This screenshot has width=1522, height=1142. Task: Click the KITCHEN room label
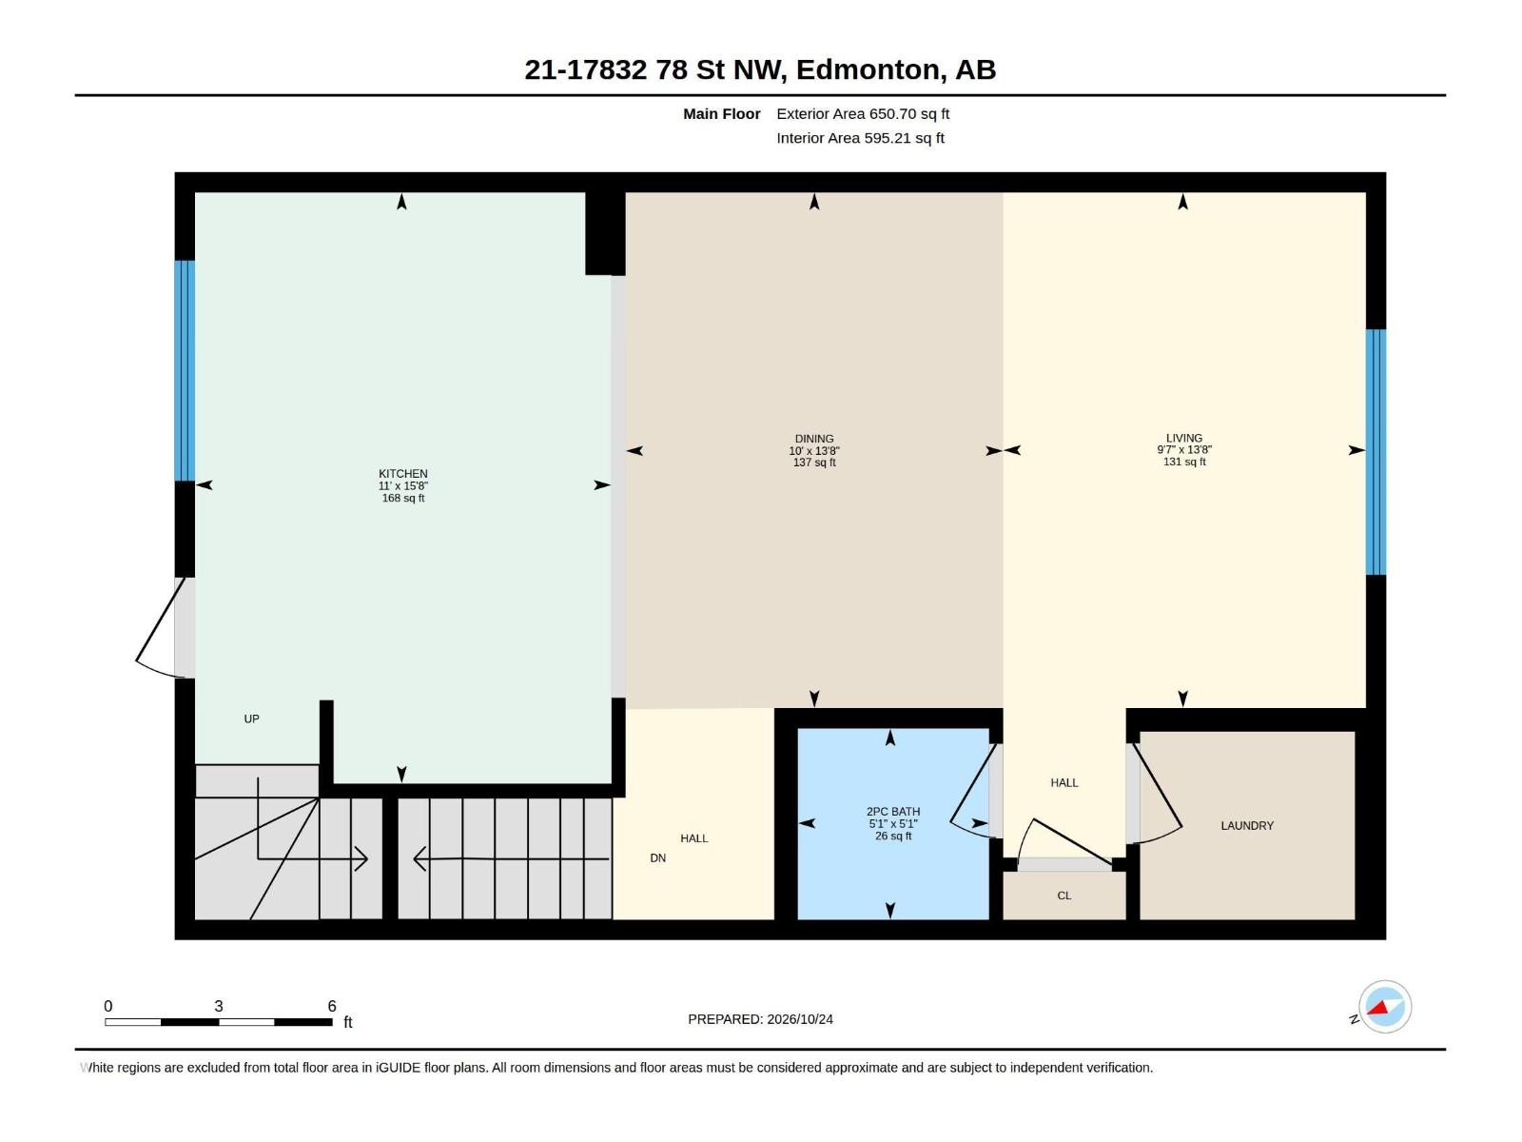coord(403,474)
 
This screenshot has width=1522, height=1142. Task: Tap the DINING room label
coord(814,439)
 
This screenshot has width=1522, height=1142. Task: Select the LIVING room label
coord(1183,438)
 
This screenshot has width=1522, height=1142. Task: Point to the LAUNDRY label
coord(1247,825)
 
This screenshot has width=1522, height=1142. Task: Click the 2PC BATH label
coord(893,811)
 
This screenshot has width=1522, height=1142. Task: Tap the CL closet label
coord(1063,896)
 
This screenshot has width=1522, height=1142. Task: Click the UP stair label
coord(252,719)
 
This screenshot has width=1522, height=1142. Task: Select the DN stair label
coord(658,857)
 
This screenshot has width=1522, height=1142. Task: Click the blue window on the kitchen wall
coord(185,370)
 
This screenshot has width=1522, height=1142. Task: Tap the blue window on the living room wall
coord(1376,451)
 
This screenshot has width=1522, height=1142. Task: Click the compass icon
coord(1385,1007)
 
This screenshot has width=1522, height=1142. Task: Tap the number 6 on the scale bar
coord(332,1006)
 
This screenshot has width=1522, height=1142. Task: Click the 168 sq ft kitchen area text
coord(403,498)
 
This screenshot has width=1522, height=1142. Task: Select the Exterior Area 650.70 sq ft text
coord(863,113)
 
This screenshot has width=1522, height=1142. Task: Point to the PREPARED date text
coord(761,1019)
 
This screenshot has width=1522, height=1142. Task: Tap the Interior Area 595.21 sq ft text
coord(860,138)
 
